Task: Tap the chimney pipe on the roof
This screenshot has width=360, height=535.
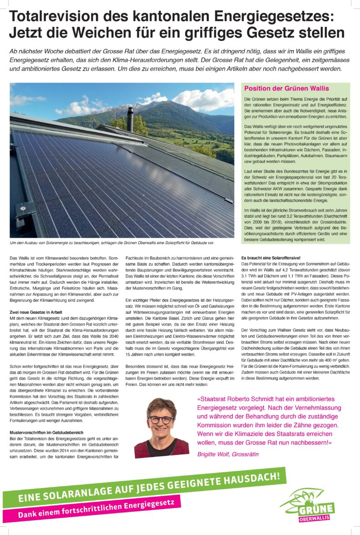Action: pyautogui.click(x=130, y=119)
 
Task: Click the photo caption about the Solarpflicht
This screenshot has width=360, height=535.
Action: pyautogui.click(x=112, y=243)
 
